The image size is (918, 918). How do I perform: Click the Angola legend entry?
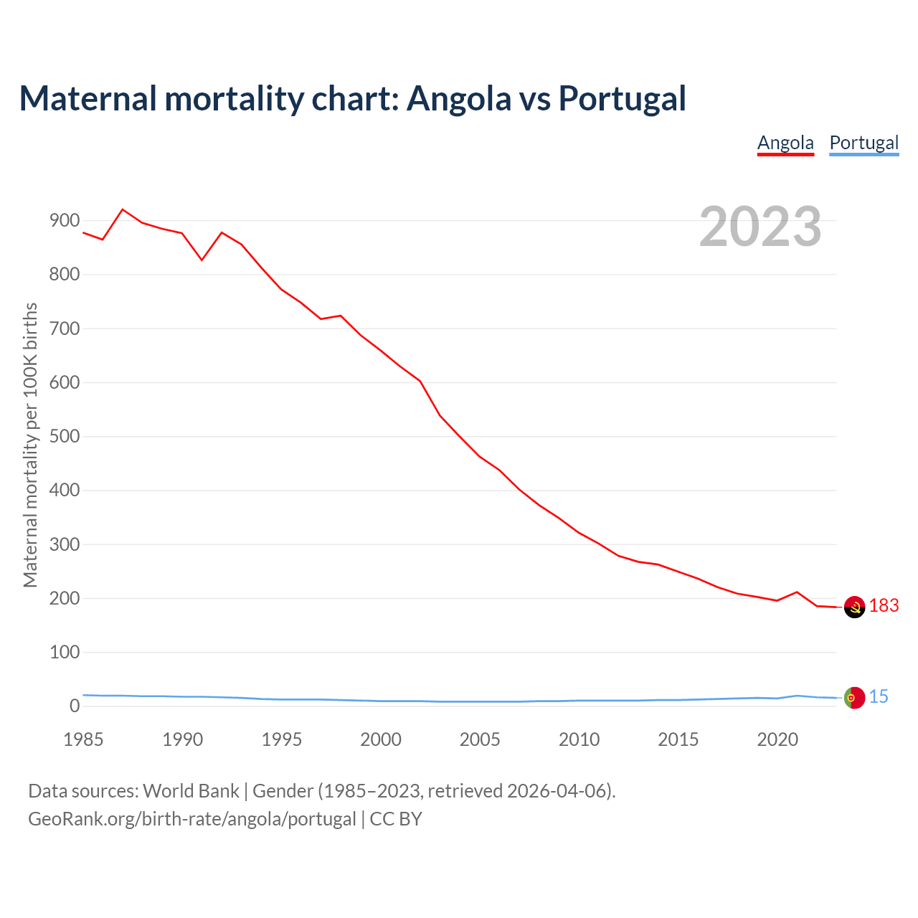[x=785, y=143]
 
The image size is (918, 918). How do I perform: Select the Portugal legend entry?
[x=863, y=143]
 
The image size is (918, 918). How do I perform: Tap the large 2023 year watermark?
[x=760, y=227]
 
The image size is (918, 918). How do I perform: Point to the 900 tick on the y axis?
[x=65, y=221]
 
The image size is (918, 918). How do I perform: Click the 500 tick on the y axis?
[x=65, y=437]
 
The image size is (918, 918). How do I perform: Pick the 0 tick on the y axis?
[x=75, y=706]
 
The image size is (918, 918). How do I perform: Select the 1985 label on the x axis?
[x=83, y=739]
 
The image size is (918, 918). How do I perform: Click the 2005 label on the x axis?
[x=480, y=739]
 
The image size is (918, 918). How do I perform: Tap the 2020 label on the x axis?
[x=777, y=739]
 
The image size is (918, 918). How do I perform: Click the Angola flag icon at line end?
[x=854, y=607]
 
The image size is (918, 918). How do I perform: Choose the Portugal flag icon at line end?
[x=854, y=697]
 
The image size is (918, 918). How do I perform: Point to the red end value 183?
[x=884, y=606]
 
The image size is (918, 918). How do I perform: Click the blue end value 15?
[x=879, y=697]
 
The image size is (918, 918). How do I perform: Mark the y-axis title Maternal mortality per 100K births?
[x=30, y=445]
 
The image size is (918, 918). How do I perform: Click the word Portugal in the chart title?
[x=622, y=99]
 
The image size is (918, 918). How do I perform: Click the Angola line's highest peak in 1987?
[x=123, y=209]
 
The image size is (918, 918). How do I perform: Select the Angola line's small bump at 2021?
[x=797, y=592]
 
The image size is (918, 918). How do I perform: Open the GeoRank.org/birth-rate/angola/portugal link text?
[x=192, y=819]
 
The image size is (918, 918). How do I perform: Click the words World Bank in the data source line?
[x=191, y=791]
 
